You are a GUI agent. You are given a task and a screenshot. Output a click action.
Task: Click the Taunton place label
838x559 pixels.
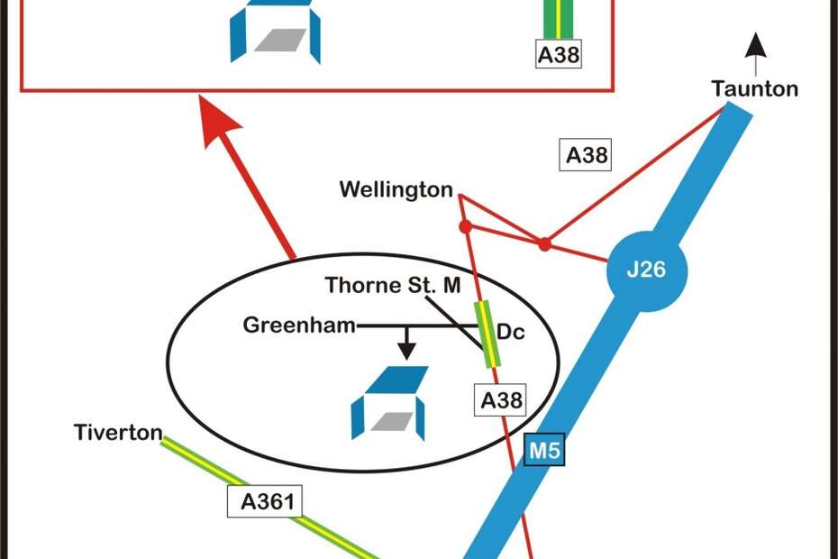tap(754, 89)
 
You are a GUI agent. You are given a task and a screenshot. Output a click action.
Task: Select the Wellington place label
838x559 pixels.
tap(396, 189)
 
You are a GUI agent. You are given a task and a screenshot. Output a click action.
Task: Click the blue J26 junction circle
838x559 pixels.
tap(647, 270)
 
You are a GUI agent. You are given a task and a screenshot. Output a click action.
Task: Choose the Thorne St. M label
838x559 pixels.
tap(393, 286)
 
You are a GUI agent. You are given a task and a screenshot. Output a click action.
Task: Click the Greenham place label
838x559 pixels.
tap(299, 325)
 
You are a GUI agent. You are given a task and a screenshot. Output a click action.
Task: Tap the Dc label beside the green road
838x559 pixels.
tap(511, 333)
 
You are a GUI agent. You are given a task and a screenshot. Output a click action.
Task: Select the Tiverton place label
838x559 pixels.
tap(117, 434)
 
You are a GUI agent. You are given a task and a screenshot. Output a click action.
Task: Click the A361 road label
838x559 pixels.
tap(268, 502)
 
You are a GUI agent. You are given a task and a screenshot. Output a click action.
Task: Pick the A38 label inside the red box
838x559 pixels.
tap(559, 55)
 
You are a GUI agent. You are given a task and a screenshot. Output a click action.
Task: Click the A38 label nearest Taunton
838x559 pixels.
tap(587, 155)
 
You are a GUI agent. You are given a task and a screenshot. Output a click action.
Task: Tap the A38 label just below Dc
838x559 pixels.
tap(501, 399)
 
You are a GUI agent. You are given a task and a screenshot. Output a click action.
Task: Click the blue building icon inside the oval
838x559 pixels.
tap(390, 403)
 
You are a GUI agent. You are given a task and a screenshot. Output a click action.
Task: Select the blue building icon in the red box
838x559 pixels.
tap(274, 31)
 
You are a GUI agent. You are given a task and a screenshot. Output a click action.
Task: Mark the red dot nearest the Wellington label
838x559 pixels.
tap(466, 226)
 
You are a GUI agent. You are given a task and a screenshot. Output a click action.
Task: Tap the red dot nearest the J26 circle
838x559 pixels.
tap(544, 243)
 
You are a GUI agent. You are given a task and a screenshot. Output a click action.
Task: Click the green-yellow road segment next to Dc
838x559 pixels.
tap(487, 334)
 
